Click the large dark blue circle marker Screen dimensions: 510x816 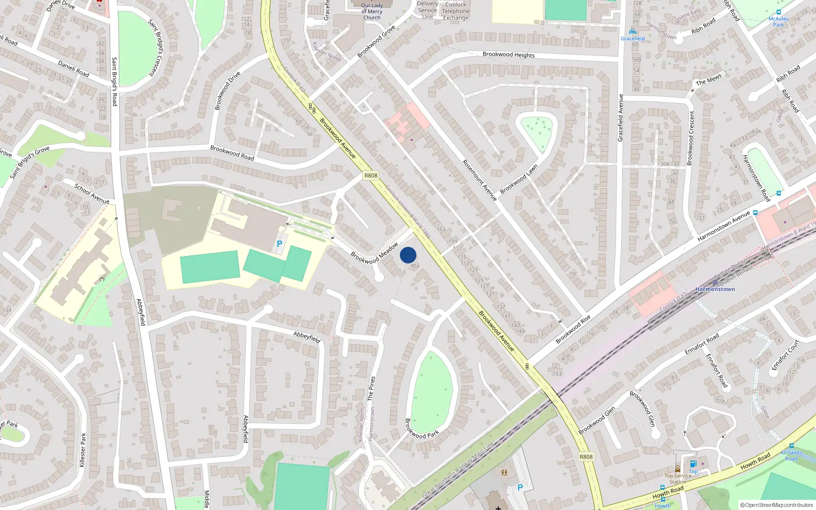(408, 255)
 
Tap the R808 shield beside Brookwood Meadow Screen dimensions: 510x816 (371, 175)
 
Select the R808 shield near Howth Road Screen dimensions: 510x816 (586, 456)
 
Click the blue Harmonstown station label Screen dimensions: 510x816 (715, 289)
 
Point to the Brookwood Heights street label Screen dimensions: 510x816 (508, 55)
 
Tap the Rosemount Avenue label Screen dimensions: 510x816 (479, 180)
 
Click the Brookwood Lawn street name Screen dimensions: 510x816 (519, 179)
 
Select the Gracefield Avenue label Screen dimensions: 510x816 (621, 118)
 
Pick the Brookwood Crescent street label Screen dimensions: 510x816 (691, 138)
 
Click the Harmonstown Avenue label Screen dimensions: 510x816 (724, 226)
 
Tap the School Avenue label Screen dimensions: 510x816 (92, 194)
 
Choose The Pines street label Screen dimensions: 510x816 (371, 388)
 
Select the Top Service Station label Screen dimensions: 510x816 (678, 478)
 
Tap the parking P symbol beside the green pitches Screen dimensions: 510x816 (279, 244)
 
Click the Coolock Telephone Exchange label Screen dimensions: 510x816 (455, 11)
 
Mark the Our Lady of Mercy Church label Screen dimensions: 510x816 (372, 11)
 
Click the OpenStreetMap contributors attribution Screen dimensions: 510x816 (777, 505)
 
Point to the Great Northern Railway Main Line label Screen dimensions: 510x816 (458, 470)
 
